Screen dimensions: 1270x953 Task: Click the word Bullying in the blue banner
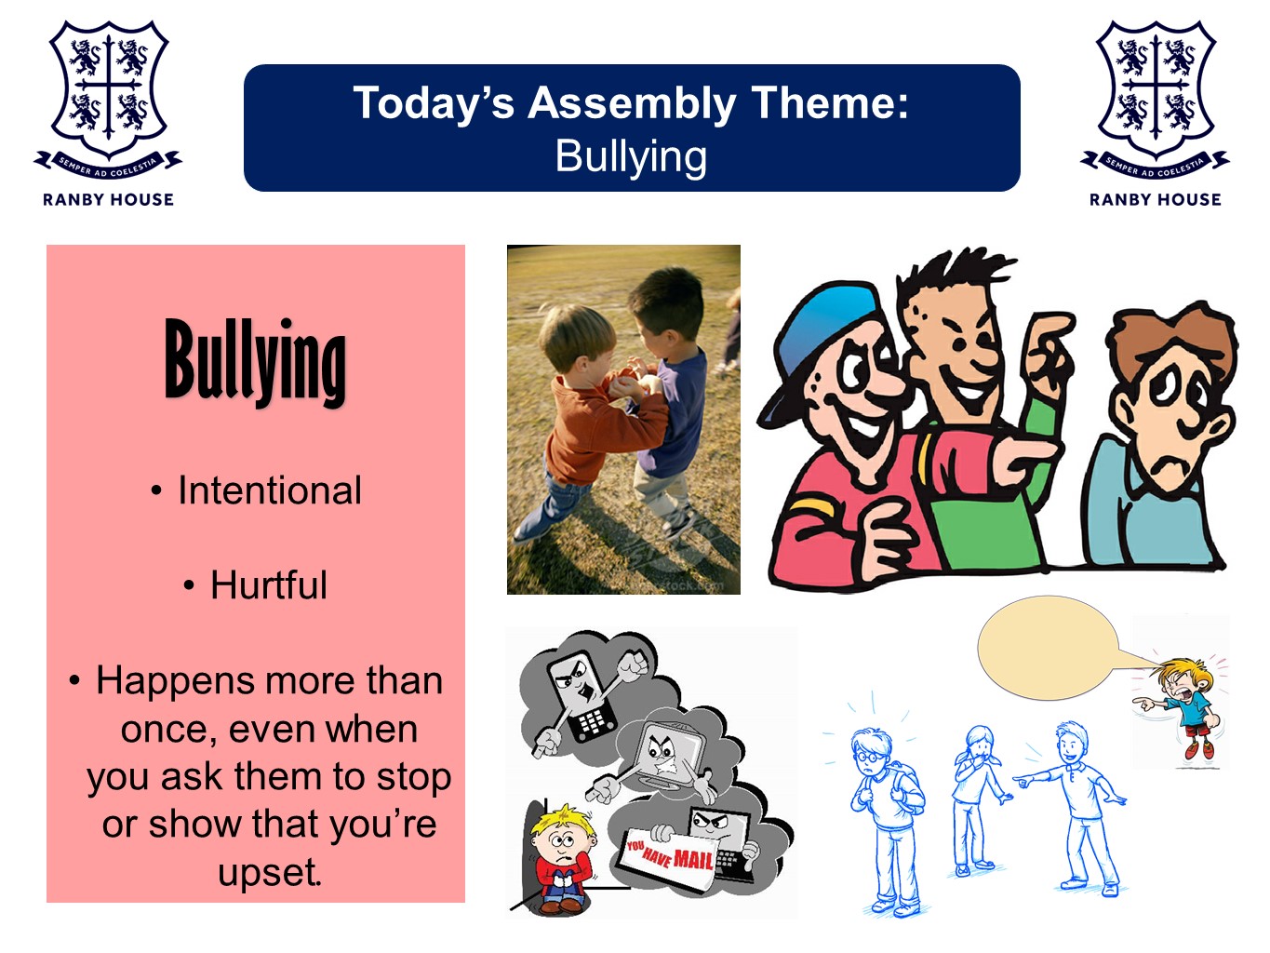click(631, 156)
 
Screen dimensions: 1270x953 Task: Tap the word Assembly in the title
click(631, 103)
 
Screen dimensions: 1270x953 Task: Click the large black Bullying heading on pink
click(255, 362)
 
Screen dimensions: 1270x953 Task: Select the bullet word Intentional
click(269, 490)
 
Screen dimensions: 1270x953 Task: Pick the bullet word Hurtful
click(269, 584)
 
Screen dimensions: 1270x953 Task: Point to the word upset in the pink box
click(269, 872)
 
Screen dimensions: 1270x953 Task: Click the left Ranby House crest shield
click(109, 88)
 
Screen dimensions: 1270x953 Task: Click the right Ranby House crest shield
click(1156, 88)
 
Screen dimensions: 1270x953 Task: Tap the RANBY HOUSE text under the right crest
click(1155, 199)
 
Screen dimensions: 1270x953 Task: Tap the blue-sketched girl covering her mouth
click(979, 799)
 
